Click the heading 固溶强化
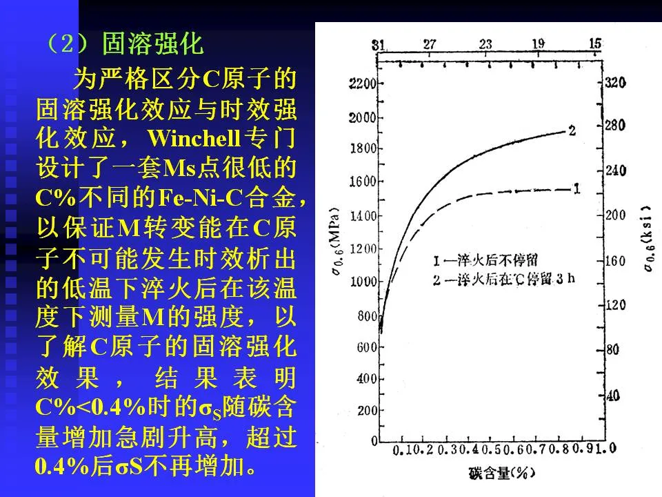coord(153,44)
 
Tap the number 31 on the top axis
coord(378,45)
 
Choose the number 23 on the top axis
coord(485,45)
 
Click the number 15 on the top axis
coord(595,44)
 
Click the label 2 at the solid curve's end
coord(572,129)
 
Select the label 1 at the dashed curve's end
coord(575,188)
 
